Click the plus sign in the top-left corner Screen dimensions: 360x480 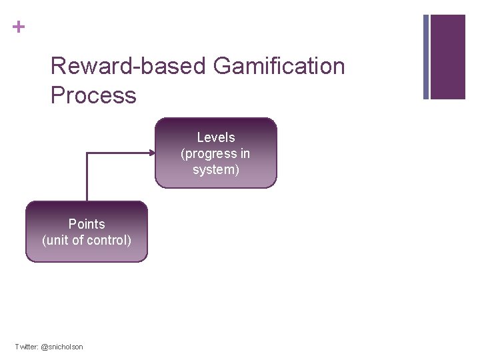(x=19, y=27)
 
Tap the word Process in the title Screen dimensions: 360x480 (x=93, y=95)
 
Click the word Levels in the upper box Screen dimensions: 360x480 (x=216, y=137)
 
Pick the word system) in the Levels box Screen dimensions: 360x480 (x=216, y=169)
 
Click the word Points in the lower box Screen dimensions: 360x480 (x=87, y=224)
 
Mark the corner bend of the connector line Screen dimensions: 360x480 (x=87, y=153)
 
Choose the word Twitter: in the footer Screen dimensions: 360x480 (x=27, y=347)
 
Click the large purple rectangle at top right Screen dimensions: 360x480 (x=448, y=57)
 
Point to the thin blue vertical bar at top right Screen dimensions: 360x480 (x=427, y=57)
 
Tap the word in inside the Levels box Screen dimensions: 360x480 (x=245, y=153)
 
